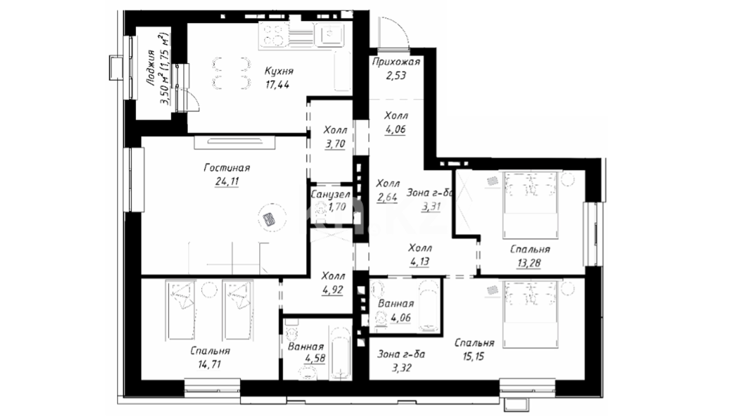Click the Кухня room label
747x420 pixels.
click(x=279, y=72)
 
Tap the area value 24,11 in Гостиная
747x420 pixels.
click(x=226, y=182)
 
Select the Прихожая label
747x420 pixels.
click(x=396, y=62)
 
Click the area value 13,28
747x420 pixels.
click(x=528, y=263)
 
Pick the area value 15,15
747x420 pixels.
click(x=473, y=356)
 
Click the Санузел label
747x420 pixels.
click(x=330, y=194)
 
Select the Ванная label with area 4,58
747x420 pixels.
click(x=305, y=347)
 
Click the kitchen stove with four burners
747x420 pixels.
click(x=273, y=35)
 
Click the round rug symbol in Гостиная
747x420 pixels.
click(x=272, y=219)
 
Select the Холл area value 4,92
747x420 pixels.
click(x=332, y=290)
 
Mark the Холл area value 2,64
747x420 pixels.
click(x=387, y=198)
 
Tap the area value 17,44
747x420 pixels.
click(x=277, y=85)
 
